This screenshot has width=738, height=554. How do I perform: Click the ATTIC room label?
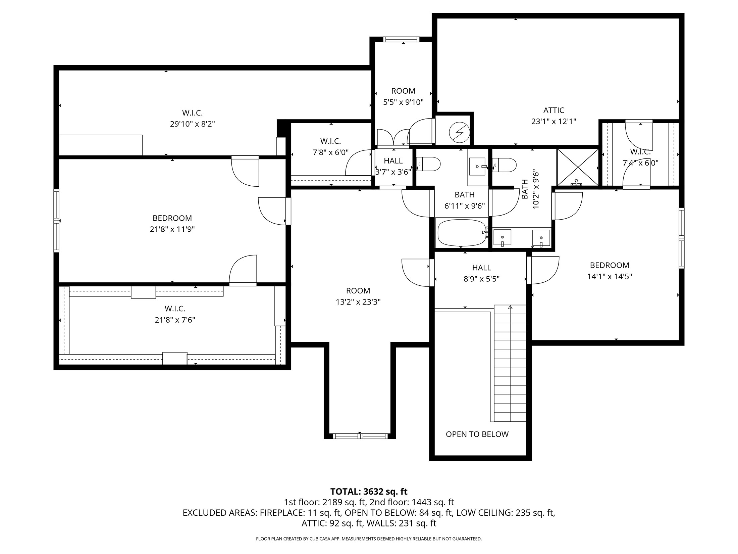pos(553,110)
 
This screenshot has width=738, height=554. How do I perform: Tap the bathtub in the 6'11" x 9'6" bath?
pos(462,233)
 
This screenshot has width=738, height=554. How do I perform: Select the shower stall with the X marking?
pos(578,167)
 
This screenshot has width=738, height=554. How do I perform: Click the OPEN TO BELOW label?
pos(477,434)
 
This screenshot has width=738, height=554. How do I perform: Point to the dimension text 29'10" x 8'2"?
pos(192,124)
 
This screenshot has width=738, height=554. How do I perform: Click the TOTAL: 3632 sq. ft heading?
pos(369,492)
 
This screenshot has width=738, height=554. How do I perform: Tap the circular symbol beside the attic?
pos(458,131)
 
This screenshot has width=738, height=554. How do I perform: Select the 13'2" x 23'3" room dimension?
pos(358,302)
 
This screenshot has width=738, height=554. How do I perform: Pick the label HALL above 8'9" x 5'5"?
pos(481,268)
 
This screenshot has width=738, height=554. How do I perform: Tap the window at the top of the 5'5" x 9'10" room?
pos(401,39)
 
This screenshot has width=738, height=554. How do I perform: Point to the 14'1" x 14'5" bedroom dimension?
pos(610,277)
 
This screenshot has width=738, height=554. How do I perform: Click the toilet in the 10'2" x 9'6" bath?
pos(505,165)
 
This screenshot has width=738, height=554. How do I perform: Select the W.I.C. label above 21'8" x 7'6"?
pos(175,309)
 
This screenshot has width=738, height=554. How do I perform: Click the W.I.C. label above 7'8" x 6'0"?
pos(330,141)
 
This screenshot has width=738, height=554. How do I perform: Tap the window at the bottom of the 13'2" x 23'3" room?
pos(360,436)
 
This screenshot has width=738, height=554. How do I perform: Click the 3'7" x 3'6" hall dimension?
pos(393,172)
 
